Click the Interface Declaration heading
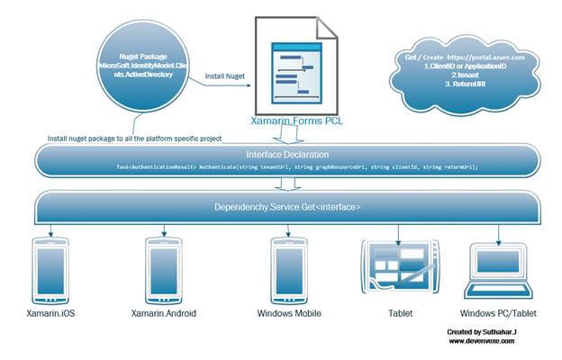tap(284, 155)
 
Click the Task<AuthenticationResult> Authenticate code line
tap(284, 167)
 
